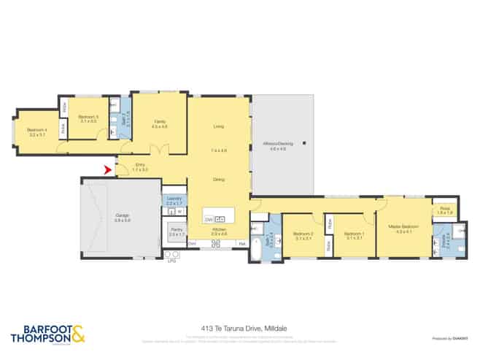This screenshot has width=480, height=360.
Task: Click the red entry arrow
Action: pyautogui.click(x=108, y=171)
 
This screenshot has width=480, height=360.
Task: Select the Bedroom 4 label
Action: pyautogui.click(x=36, y=132)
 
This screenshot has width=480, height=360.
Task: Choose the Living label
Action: pyautogui.click(x=218, y=126)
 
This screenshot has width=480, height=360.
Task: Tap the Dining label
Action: pyautogui.click(x=218, y=180)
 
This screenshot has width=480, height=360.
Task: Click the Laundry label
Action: pyautogui.click(x=174, y=199)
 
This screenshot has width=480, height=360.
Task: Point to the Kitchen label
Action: pyautogui.click(x=219, y=231)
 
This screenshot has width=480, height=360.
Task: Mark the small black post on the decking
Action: pyautogui.click(x=306, y=142)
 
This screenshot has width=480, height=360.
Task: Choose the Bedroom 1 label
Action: pyautogui.click(x=355, y=234)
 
